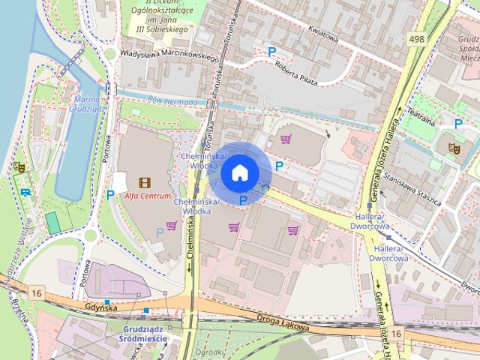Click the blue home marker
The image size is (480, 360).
239,172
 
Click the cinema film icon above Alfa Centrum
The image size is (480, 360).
144,181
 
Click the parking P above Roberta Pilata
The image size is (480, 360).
272,51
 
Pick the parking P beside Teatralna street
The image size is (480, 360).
457,124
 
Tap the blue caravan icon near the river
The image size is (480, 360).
26,192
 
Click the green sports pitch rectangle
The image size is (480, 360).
52,223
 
